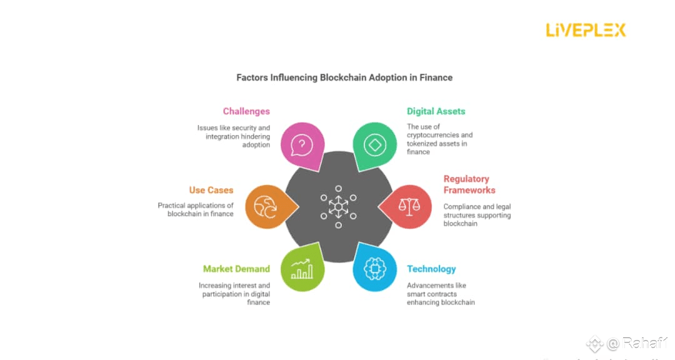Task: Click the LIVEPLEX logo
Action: point(586,30)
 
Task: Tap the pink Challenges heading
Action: point(246,111)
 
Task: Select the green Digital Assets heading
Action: point(436,111)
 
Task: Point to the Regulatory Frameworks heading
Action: point(469,184)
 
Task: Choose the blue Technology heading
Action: point(431,269)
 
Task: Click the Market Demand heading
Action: point(236,269)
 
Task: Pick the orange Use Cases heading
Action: point(211,190)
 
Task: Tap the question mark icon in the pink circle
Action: point(302,145)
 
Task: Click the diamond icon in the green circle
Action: point(375,145)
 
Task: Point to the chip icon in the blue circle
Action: point(375,267)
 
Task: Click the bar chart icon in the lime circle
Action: point(302,269)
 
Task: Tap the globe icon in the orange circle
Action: point(266,206)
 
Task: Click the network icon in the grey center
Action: point(338,207)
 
